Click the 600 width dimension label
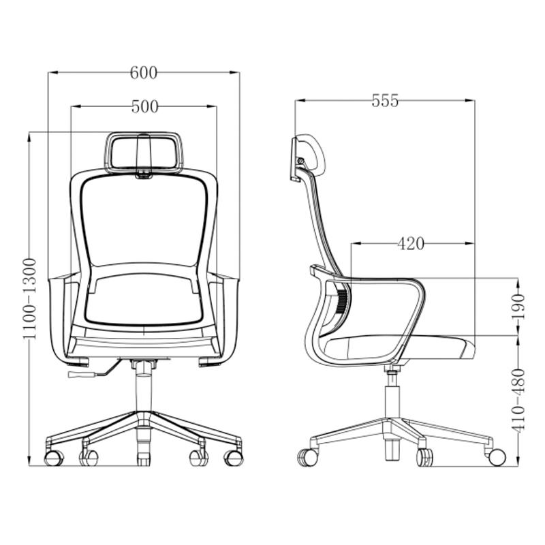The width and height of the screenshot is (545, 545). click(144, 73)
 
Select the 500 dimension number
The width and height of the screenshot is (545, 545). click(144, 107)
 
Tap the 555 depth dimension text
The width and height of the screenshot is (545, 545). click(385, 101)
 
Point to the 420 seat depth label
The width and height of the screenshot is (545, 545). click(411, 244)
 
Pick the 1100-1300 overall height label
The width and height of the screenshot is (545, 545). click(30, 299)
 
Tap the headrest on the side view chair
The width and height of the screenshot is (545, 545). click(307, 158)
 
